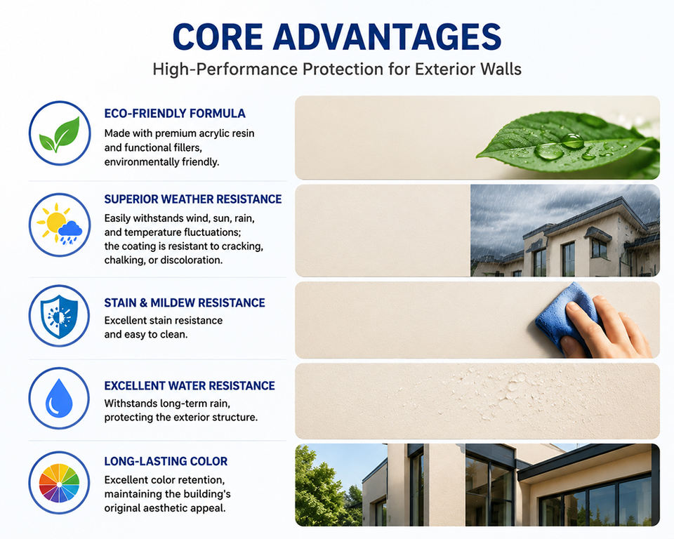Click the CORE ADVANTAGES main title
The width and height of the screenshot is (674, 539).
pos(337,37)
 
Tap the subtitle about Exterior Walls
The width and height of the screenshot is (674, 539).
pos(337,69)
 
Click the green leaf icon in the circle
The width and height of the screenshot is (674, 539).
pos(60,135)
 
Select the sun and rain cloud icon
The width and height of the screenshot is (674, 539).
pos(59,225)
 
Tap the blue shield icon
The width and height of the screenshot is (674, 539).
pos(59,316)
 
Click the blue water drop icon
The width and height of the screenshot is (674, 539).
pos(59,398)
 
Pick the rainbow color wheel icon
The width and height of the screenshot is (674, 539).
pos(59,483)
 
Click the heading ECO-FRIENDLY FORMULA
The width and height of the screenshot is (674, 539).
pos(175,114)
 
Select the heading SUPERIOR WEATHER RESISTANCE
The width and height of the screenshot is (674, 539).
pos(193,199)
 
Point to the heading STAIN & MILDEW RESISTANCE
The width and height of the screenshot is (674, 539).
pos(185,302)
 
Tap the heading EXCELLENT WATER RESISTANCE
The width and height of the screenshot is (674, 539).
pos(190,385)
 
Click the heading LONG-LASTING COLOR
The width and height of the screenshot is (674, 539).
pos(166,461)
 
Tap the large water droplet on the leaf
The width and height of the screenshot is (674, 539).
pos(549,151)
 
